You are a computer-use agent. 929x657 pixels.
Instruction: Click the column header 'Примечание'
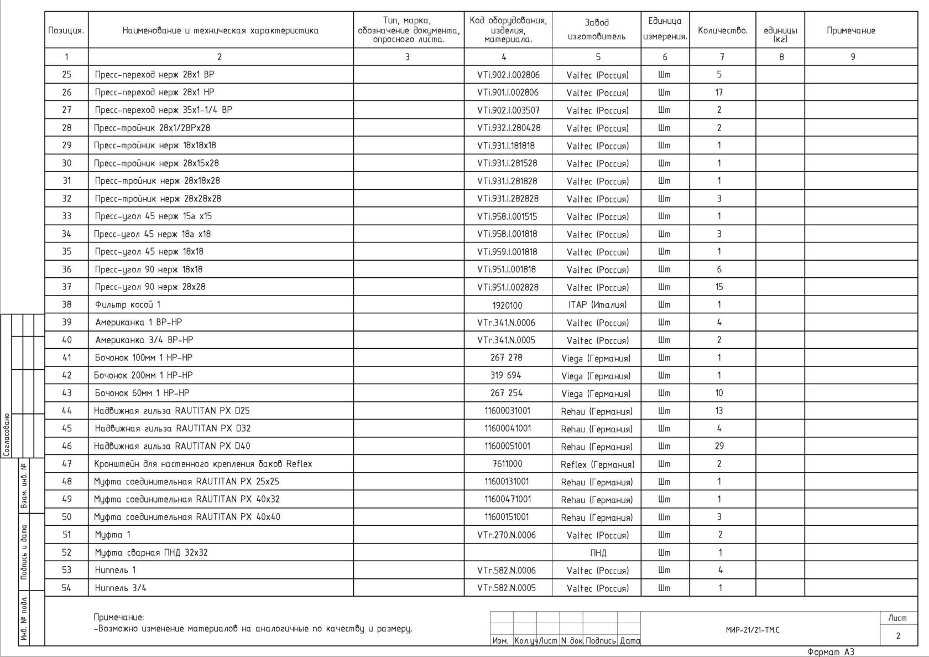pos(850,30)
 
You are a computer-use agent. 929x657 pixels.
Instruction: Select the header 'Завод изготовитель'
pos(597,29)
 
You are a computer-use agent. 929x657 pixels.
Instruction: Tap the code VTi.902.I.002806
pos(508,75)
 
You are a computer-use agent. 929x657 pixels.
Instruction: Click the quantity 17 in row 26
pos(719,92)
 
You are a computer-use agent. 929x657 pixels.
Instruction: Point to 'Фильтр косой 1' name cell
pos(128,304)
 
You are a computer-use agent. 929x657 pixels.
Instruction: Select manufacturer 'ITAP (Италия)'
pos(597,305)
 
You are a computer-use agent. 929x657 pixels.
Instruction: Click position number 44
pos(66,411)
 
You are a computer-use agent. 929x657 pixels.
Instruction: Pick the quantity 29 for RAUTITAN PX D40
pos(719,446)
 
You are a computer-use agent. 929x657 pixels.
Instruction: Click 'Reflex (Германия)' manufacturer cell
pos(597,464)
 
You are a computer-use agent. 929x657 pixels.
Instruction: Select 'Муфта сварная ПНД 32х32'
pos(151,552)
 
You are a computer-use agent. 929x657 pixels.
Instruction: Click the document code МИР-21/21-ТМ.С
pos(753,630)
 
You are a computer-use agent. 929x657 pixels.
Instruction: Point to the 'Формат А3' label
pos(831,652)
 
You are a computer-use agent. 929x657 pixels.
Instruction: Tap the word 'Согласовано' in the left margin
pos(7,434)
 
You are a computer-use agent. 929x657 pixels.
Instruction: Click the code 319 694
pos(505,375)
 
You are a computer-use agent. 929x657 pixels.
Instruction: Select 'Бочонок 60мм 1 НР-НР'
pos(142,393)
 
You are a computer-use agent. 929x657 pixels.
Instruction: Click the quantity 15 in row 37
pos(719,287)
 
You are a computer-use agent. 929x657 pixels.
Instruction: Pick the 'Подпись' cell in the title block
pos(601,640)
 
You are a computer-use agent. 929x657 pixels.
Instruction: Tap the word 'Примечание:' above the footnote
pos(119,617)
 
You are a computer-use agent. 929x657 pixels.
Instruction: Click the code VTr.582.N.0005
pos(507,588)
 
